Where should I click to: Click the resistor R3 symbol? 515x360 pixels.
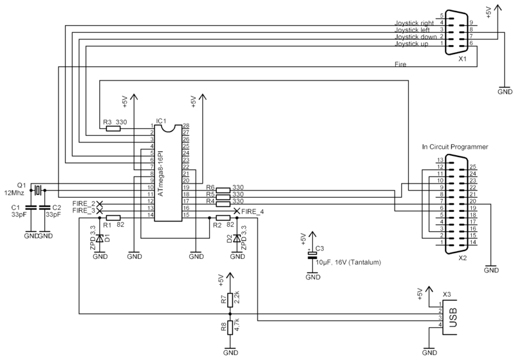[x=113, y=128]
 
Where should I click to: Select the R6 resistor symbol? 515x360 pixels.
[x=223, y=189]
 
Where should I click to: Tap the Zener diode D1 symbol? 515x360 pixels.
[x=100, y=238]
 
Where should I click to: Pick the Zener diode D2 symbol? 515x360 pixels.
[x=238, y=238]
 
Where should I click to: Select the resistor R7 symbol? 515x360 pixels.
[x=230, y=298]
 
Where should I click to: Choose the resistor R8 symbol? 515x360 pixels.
[x=230, y=327]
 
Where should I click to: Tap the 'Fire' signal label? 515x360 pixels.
[x=400, y=64]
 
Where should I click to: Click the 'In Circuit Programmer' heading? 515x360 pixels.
[x=454, y=147]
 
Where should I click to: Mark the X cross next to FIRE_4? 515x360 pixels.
[x=237, y=211]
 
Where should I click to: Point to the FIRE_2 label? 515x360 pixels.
[x=84, y=204]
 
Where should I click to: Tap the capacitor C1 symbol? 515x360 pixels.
[x=31, y=209]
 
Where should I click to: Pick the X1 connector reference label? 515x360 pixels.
[x=462, y=59]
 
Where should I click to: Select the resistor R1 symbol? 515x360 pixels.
[x=113, y=218]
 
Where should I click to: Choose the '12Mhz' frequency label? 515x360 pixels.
[x=14, y=193]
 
